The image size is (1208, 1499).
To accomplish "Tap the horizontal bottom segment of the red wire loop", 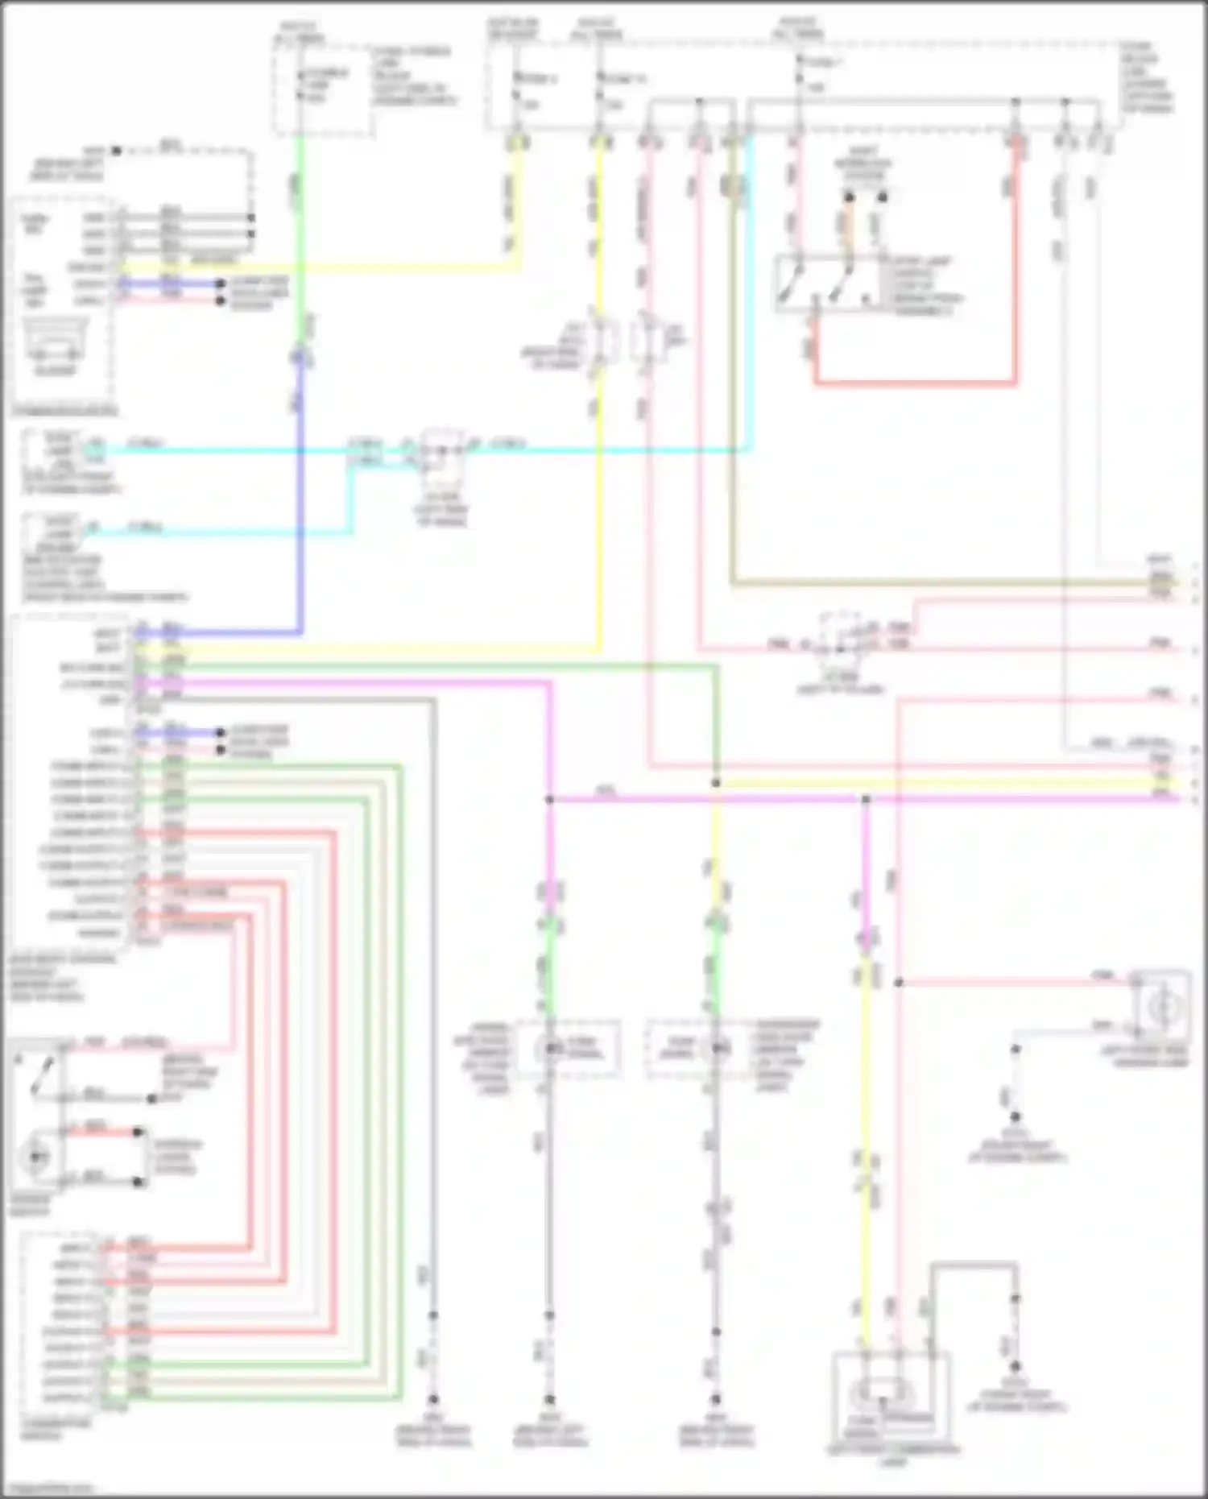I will pos(914,381).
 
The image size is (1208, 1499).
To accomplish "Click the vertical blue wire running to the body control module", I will pos(301,499).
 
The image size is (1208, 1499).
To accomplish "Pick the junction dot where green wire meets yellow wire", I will pos(716,783).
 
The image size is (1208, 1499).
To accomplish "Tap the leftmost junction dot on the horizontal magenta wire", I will pos(549,800).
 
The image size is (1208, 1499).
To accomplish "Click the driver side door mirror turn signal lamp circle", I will pos(552,1048).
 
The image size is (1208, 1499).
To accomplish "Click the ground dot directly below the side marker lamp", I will pos(1016,1116).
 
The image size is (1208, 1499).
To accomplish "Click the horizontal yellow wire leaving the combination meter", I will pos(322,267).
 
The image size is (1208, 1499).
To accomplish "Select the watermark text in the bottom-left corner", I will pos(48,1489).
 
